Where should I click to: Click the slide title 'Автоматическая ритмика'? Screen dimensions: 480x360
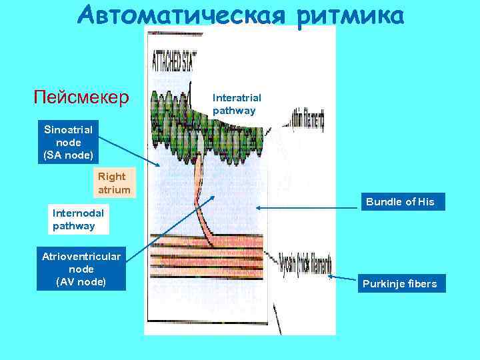[x=240, y=17]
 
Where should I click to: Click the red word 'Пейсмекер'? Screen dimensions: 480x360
[x=81, y=99]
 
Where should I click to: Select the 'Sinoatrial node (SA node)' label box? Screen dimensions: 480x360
[x=69, y=141]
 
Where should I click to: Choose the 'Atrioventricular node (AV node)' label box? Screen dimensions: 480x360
[x=81, y=269]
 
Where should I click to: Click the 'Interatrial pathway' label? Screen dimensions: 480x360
[x=237, y=104]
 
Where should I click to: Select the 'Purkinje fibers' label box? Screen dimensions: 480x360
[x=399, y=284]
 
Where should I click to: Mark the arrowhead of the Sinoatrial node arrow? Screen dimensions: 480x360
[x=159, y=166]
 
